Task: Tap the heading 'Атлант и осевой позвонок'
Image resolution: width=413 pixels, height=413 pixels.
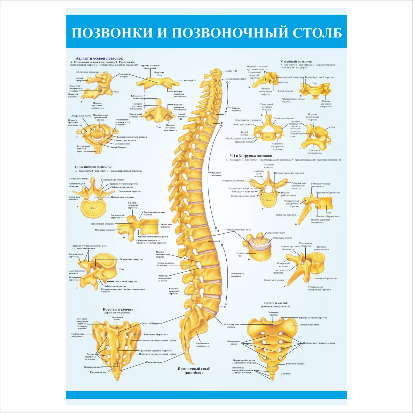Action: [x=99, y=58]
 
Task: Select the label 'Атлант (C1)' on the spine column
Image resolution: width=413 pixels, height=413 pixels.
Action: [x=231, y=71]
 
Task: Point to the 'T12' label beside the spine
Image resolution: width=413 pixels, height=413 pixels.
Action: [x=217, y=231]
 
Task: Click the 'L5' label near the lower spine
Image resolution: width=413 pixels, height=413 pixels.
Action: [x=225, y=307]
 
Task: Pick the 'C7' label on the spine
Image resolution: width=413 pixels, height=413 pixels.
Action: [x=225, y=114]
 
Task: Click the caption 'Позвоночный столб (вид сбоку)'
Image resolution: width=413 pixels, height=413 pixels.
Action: [x=194, y=370]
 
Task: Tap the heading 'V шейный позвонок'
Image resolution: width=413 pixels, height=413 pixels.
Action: [x=296, y=61]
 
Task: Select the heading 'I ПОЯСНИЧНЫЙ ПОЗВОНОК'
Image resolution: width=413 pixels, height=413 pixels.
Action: [x=93, y=167]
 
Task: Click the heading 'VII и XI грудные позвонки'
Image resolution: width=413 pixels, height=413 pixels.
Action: [x=251, y=156]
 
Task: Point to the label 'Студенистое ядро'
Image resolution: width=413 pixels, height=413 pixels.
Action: [x=275, y=233]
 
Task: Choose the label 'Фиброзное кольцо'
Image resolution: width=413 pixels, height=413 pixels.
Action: [x=282, y=238]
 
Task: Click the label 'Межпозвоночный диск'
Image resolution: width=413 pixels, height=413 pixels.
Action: [x=239, y=229]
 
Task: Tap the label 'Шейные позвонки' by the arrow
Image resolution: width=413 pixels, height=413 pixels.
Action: [x=236, y=109]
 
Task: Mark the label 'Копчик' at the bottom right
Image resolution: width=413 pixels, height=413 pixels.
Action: [x=287, y=374]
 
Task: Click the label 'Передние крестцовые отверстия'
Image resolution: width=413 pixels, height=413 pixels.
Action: [x=319, y=343]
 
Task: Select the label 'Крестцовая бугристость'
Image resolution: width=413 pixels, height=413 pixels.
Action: [x=156, y=334]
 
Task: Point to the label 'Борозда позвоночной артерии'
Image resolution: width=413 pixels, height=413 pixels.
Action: [x=132, y=137]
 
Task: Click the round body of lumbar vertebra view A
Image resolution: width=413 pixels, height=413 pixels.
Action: [x=93, y=208]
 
